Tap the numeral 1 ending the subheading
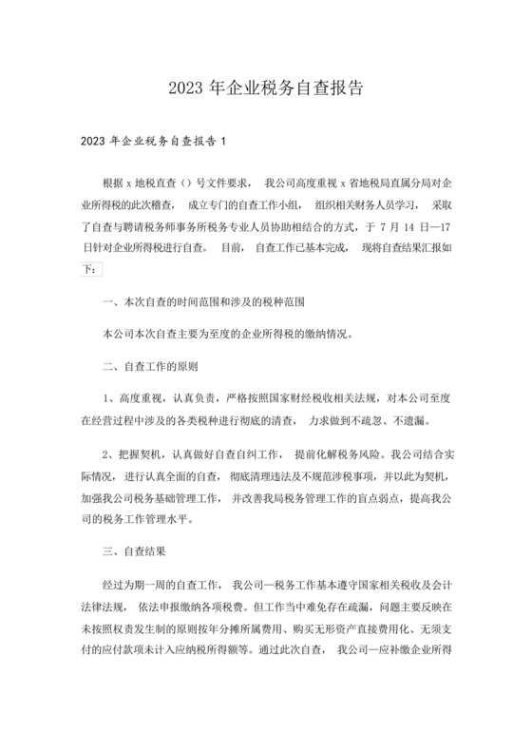(222, 143)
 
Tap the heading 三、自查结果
(137, 550)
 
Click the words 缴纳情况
(324, 334)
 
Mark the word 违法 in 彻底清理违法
(283, 475)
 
